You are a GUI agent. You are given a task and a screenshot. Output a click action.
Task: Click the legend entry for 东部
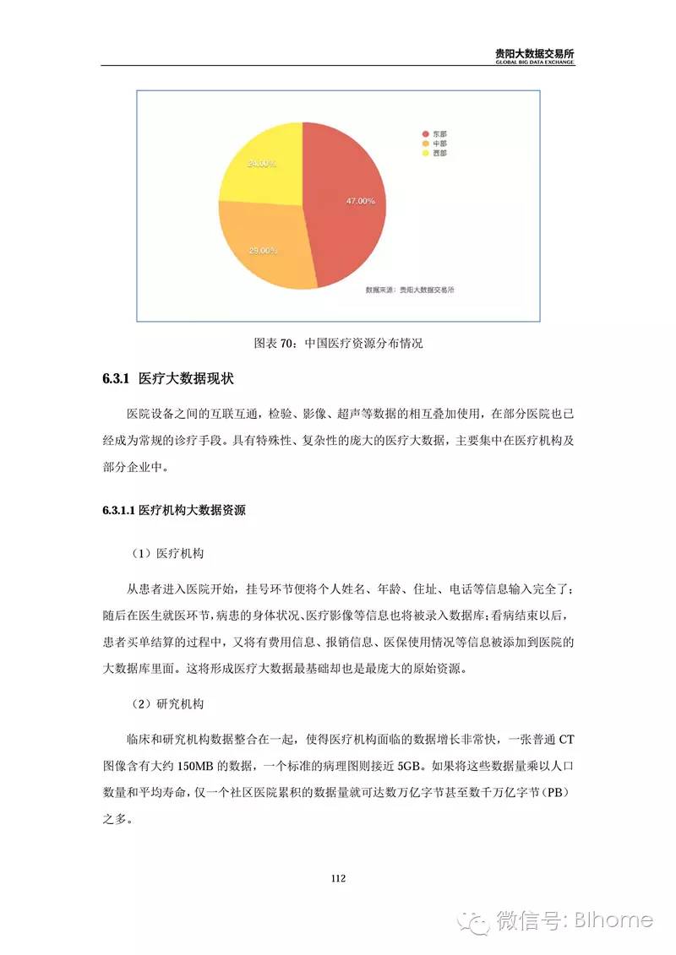[x=433, y=133]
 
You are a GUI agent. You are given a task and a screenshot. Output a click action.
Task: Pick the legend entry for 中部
[x=433, y=144]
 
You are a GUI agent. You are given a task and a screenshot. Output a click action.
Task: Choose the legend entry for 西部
[x=433, y=154]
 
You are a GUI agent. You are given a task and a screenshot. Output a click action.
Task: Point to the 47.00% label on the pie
[x=360, y=201]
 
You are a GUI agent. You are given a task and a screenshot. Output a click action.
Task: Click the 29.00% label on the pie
[x=263, y=251]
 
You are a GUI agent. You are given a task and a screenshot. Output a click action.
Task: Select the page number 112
[x=338, y=878]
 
